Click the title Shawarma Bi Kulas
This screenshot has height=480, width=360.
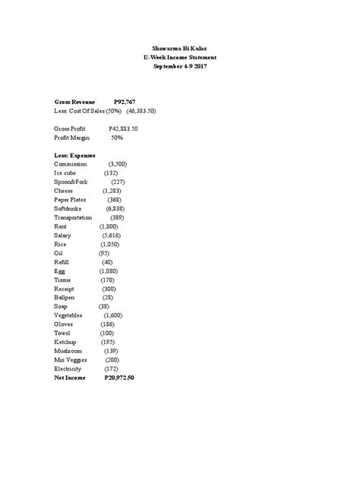click(180, 48)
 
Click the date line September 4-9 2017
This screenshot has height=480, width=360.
click(180, 67)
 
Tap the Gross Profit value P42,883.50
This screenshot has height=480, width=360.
click(123, 129)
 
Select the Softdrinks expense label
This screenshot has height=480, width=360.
click(70, 207)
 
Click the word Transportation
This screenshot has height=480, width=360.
click(74, 217)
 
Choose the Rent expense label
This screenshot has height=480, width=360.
click(61, 227)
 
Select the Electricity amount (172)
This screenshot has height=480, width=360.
click(110, 368)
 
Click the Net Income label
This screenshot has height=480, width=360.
click(71, 377)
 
